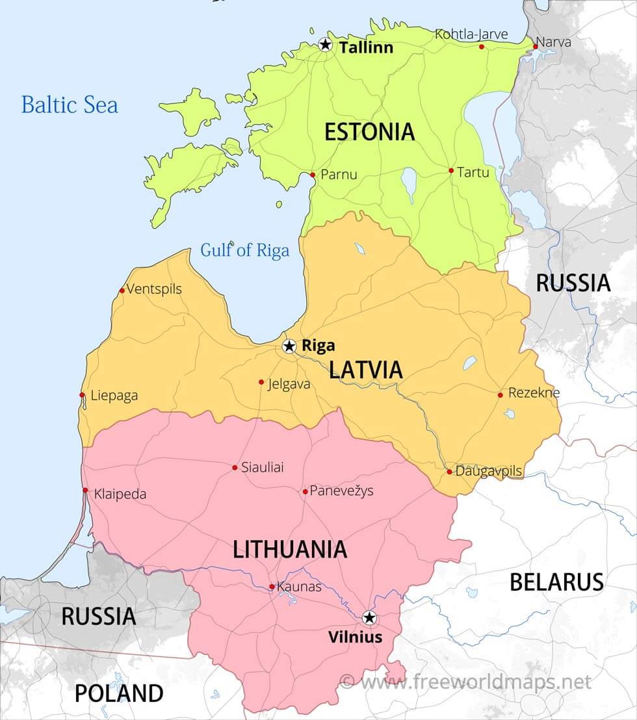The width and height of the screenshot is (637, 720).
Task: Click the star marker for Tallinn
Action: point(326,45)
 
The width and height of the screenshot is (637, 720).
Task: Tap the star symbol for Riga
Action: point(289,346)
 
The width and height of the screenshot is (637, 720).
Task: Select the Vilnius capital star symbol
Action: point(369,617)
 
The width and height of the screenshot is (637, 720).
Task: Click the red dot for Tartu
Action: point(451,171)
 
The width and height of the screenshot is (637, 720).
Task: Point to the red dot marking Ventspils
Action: point(122,290)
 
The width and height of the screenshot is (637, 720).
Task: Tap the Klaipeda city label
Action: point(120,494)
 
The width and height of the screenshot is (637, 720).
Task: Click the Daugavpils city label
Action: point(488,471)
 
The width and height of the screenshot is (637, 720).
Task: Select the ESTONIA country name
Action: point(369,132)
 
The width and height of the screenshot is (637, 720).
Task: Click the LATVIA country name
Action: point(366,370)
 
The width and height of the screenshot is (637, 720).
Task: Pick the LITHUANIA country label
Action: point(290,550)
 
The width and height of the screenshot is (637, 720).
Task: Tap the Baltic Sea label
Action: point(70,105)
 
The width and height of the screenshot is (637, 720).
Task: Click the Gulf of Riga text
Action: point(244,250)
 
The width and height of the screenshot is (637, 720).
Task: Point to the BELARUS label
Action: point(556,582)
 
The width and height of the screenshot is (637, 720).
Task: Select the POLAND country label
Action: point(119,693)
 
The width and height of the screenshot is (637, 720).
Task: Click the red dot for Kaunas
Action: point(272,587)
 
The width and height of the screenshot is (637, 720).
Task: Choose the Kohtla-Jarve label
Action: point(471,34)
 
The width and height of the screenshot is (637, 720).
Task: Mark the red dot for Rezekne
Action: point(500,395)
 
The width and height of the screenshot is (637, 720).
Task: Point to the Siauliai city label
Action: point(263,467)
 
